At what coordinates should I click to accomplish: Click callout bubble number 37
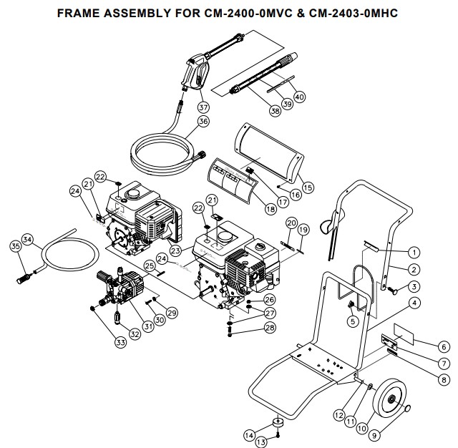click(x=204, y=107)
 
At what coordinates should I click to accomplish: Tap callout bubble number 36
click(x=203, y=122)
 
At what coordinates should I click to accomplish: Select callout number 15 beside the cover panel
click(x=308, y=188)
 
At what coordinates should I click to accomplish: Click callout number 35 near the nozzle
click(x=16, y=246)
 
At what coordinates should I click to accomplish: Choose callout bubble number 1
click(x=413, y=252)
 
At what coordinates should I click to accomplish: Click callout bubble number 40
click(x=299, y=97)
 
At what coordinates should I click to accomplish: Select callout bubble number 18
click(x=270, y=210)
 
